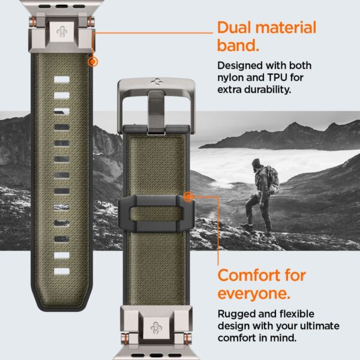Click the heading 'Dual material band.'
point(266,35)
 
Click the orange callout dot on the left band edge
point(92,61)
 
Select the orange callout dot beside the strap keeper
point(188,196)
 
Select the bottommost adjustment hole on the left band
point(62,271)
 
